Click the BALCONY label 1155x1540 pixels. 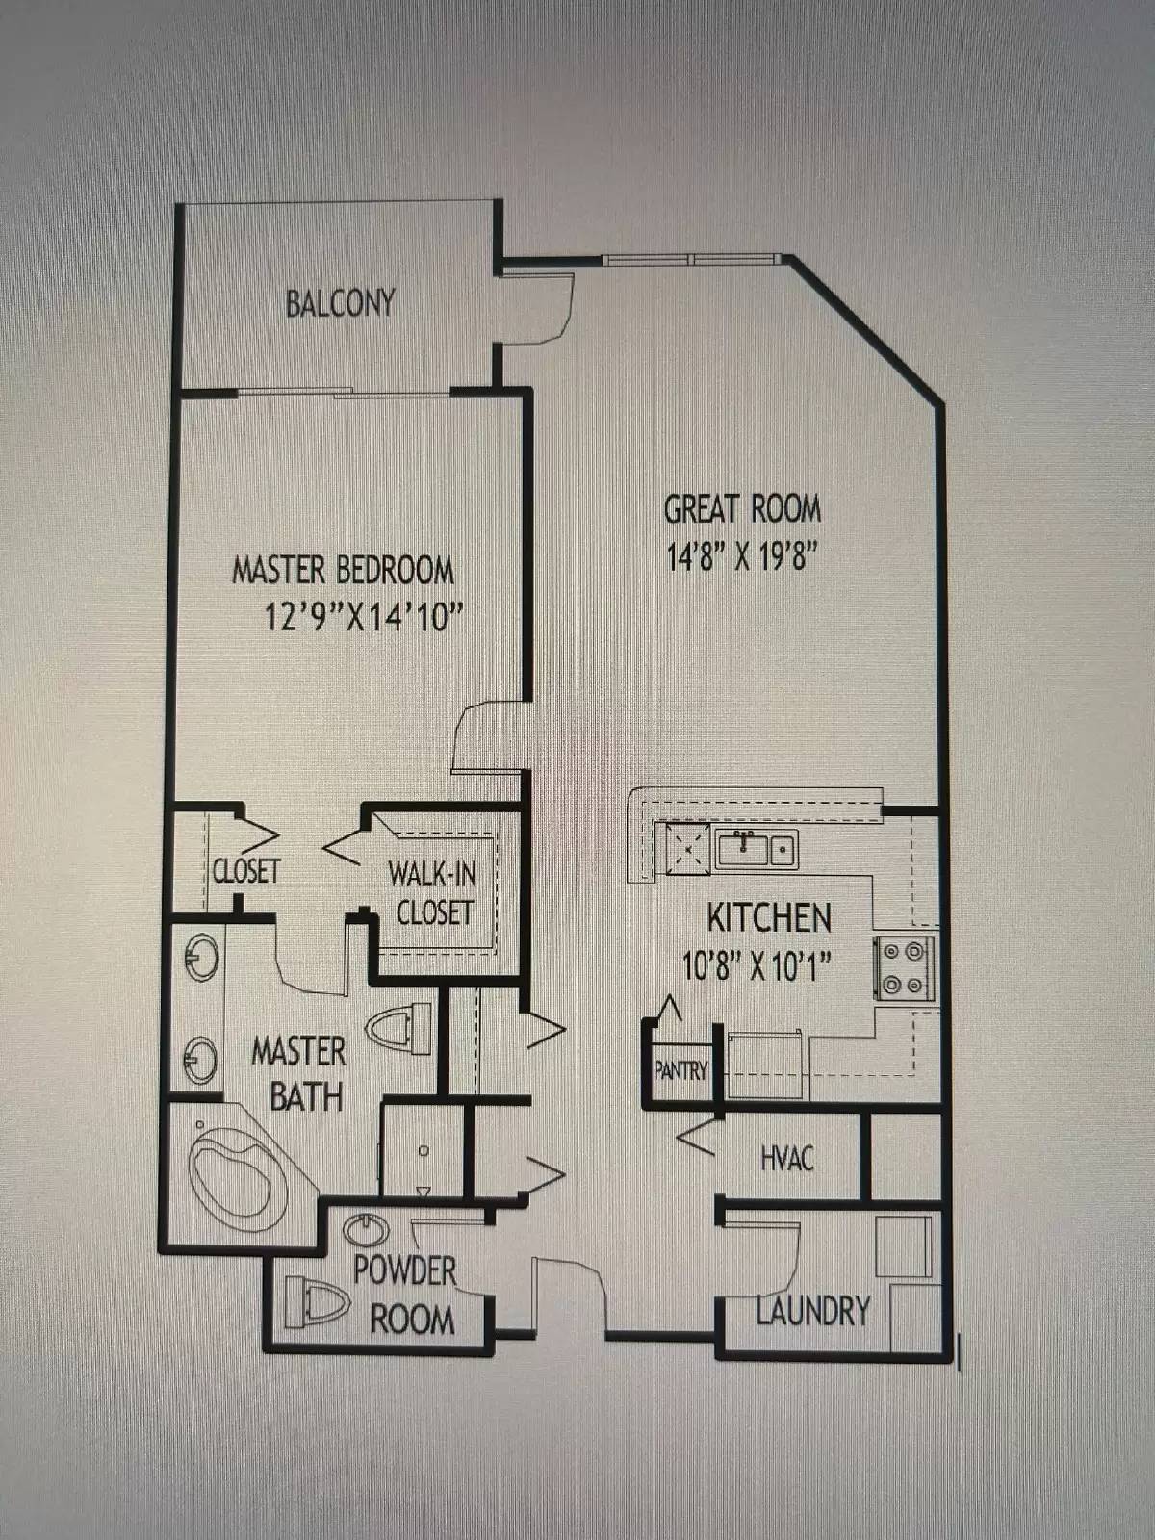coord(340,303)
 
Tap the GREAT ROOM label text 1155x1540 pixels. coord(742,508)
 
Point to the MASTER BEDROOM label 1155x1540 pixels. coord(343,570)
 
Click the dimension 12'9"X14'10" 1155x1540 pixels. coord(364,615)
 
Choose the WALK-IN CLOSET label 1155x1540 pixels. coord(433,892)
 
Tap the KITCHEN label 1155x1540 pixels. coord(769,917)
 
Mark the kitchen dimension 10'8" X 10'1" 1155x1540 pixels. coord(757,964)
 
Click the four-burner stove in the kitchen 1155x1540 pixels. coord(904,968)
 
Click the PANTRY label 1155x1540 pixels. coord(680,1070)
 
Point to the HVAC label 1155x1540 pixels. coord(786,1158)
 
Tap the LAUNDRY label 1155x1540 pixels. coord(813,1310)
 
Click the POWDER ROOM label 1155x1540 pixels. coord(407,1295)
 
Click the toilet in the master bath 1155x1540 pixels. coord(399,1028)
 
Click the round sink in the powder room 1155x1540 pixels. coord(366,1230)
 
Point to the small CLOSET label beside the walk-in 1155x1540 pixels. coord(246,871)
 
